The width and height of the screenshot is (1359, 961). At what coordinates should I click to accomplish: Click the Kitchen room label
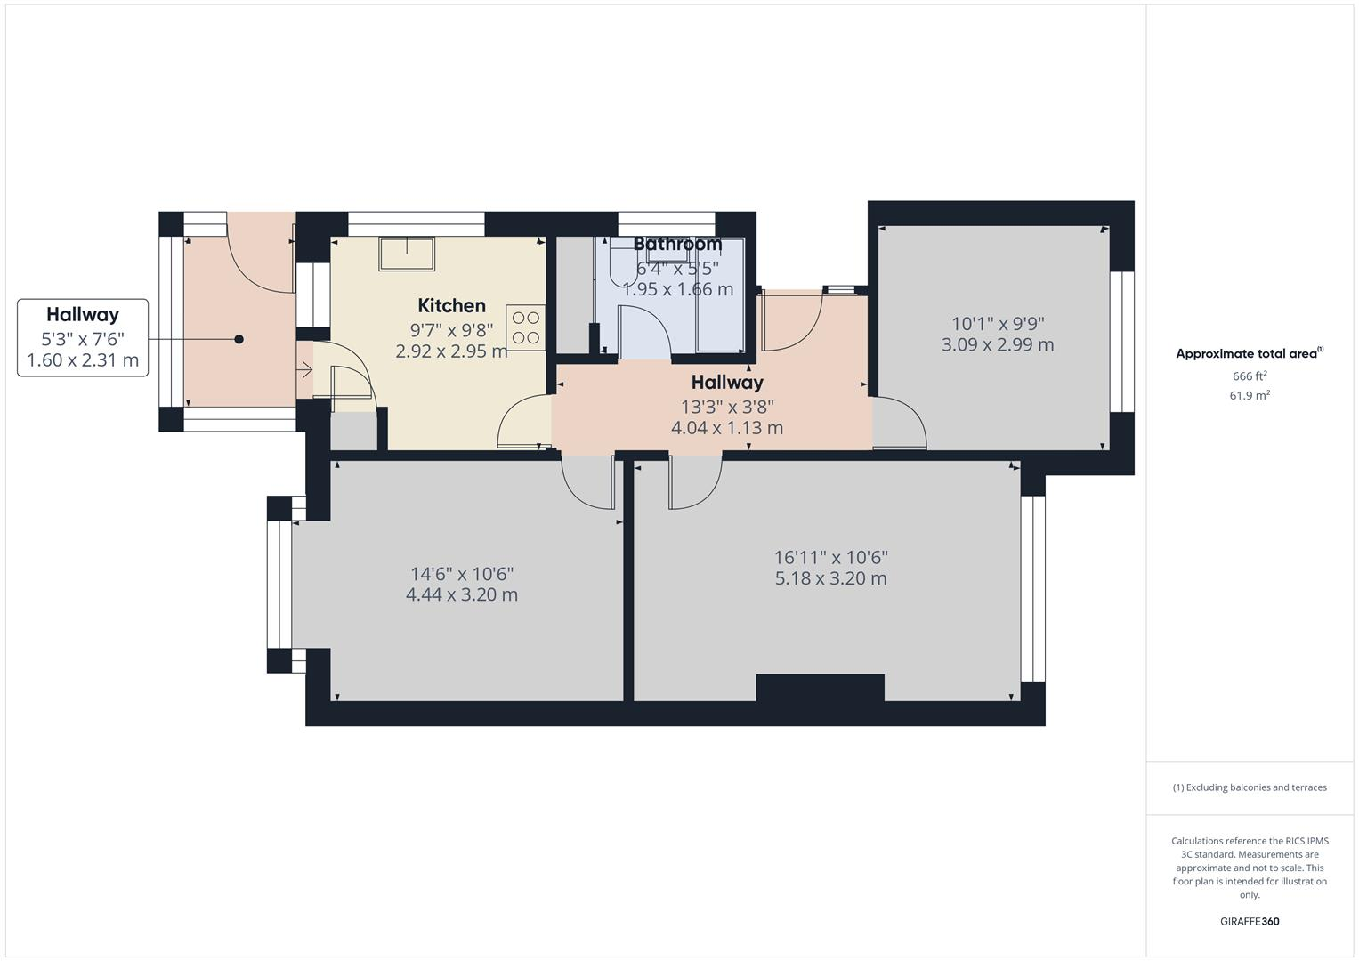point(451,306)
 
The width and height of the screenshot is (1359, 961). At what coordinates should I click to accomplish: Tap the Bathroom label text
point(677,244)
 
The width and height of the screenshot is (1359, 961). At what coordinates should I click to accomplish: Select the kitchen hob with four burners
point(526,327)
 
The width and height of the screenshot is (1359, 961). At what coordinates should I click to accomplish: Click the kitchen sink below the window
point(407,254)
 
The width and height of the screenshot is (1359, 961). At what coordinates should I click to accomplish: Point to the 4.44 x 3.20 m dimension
point(461,595)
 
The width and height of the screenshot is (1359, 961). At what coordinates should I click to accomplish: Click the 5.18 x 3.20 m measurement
point(830,579)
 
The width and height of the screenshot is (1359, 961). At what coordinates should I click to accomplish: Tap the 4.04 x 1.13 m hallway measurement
point(726,428)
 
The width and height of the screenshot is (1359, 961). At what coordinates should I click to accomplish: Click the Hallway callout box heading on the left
point(83,314)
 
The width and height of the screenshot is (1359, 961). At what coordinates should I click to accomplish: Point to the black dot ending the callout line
point(239,339)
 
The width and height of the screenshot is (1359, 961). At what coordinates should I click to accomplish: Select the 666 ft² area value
point(1249,376)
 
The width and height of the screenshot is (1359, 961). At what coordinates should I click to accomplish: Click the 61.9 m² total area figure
point(1249,396)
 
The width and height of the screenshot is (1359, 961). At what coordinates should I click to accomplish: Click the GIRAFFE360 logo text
point(1249,922)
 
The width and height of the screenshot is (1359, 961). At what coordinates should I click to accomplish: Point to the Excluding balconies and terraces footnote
point(1249,787)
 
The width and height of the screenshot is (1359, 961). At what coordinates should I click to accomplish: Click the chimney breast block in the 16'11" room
point(820,688)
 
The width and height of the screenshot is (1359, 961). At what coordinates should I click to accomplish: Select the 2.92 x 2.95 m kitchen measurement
point(451,351)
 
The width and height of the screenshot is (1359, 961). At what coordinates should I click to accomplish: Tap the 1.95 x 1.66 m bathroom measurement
point(677,289)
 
